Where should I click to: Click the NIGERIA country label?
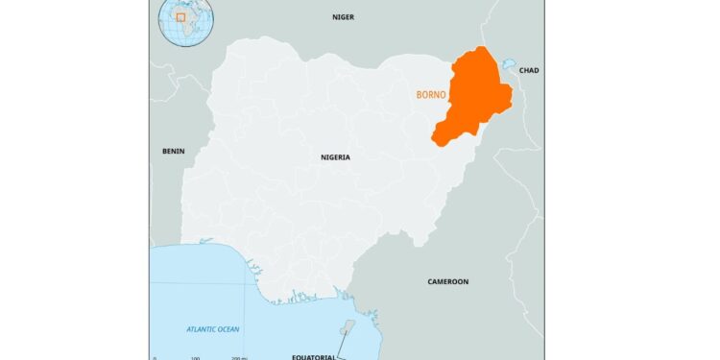[335, 156]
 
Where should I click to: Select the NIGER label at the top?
[343, 17]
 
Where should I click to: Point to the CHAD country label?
[529, 70]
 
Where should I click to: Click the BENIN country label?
[174, 152]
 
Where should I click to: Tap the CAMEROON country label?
[447, 281]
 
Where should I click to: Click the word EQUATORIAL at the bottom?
[314, 356]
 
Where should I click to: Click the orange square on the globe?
[180, 17]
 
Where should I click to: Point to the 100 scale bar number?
[195, 357]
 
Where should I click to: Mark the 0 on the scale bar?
[155, 357]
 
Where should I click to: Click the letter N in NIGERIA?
[324, 156]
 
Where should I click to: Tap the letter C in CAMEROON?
[430, 281]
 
